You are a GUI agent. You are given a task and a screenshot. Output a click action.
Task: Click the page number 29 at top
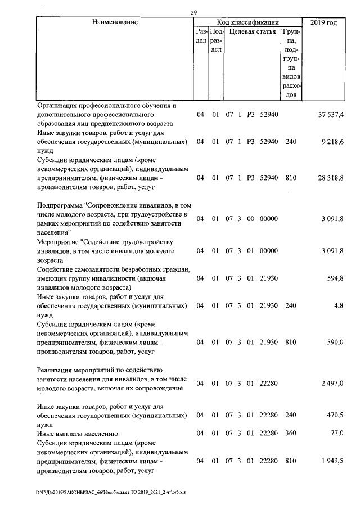193,13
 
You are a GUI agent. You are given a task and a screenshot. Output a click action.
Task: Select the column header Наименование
115,22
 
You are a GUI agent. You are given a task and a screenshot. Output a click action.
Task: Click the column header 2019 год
323,22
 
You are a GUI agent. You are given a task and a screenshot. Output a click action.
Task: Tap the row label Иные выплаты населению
77,434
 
